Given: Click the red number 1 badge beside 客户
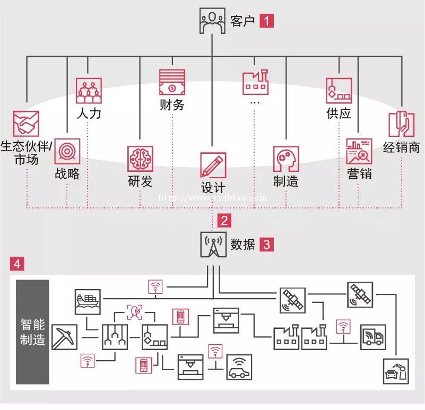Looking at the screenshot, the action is point(266,21).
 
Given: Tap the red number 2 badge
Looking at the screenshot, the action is point(224,220).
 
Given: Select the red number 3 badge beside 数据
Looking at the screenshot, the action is point(266,245).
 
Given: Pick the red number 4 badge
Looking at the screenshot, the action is point(17,264).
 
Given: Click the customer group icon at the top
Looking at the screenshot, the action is point(212,21).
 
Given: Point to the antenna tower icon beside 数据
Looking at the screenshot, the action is point(213,245).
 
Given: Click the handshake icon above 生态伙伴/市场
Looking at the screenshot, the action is point(27,124).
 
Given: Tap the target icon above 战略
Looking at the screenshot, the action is point(67,151).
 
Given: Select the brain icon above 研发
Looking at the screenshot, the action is point(140,159).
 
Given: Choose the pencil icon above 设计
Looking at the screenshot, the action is point(213,165).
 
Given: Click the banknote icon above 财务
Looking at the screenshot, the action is point(172,82).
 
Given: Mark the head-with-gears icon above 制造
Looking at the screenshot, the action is point(286,159).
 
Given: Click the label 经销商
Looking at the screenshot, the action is point(402,147).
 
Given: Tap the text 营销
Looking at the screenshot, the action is point(359,173).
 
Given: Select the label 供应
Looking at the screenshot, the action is point(339,113).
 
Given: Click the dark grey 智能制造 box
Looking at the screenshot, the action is point(32,332).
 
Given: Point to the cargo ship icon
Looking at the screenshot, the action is point(88,302).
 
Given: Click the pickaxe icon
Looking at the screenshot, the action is point(65,337).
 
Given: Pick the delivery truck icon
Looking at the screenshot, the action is point(373,337).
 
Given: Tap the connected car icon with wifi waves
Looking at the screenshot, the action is point(239,367).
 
